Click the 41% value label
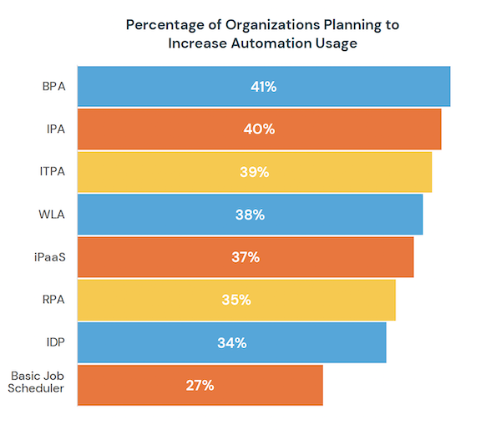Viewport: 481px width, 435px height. click(264, 86)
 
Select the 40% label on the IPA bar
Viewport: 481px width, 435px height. click(260, 129)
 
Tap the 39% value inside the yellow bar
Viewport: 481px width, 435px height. click(255, 172)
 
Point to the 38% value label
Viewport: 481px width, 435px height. click(250, 215)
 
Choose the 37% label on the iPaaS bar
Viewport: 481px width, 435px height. click(246, 257)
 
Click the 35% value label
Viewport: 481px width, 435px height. click(236, 300)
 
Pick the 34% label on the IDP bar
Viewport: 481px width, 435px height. click(231, 342)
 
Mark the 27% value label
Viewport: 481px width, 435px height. click(200, 385)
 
